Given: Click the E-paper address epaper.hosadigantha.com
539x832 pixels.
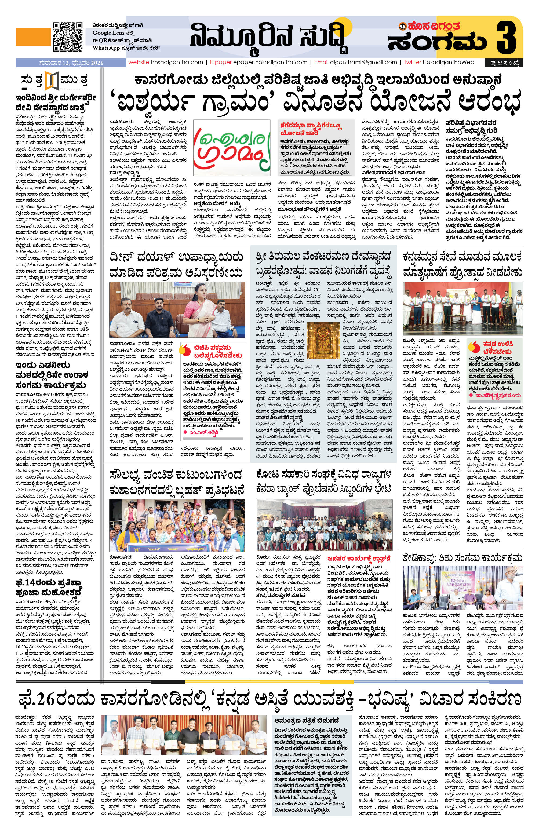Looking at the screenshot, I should (x=265, y=62).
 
